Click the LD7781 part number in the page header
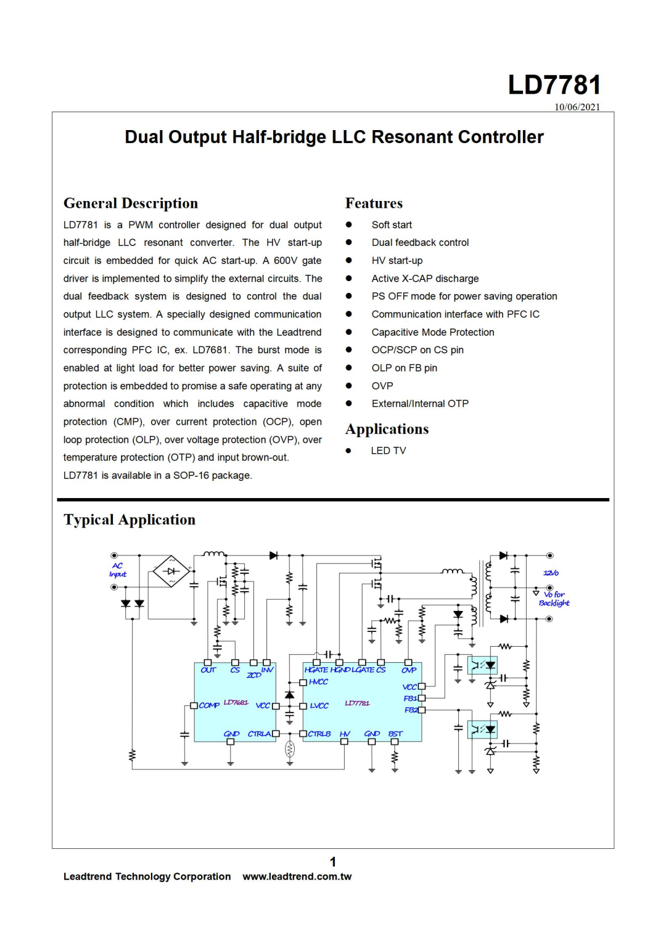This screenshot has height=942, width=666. coord(554,85)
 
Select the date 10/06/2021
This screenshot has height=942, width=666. coord(577,107)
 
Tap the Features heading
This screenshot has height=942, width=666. coord(374,203)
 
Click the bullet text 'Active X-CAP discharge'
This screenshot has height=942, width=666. coord(425,279)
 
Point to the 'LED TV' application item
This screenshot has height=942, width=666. coord(388,451)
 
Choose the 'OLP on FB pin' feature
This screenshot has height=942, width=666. coord(404,368)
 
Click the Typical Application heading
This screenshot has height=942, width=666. coord(129,520)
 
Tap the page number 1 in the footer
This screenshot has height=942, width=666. coord(333,861)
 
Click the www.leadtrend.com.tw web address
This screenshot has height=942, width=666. coord(297,877)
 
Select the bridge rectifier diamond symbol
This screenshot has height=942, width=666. coord(171,571)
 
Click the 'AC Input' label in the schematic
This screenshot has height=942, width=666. coord(117,570)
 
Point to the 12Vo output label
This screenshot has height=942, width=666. coord(551,573)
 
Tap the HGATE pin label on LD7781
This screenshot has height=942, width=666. coord(316,670)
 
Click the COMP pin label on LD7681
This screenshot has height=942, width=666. coord(209,705)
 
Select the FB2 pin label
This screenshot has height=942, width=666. coord(411,710)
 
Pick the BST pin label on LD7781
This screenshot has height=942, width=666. coord(395,734)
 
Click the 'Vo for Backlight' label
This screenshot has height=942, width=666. coord(554,599)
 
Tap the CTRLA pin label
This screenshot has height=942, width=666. coord(260,734)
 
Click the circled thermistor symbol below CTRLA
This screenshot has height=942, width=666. coord(290,749)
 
